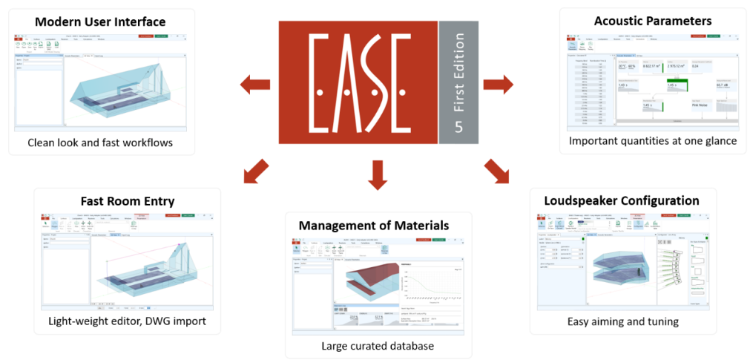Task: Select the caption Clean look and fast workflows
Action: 100,142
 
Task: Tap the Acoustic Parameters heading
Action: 653,20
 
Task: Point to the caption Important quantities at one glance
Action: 653,141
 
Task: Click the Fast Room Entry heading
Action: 127,201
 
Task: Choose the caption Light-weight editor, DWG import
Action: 127,321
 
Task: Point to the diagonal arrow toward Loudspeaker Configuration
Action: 497,170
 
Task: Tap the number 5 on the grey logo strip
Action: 458,127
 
